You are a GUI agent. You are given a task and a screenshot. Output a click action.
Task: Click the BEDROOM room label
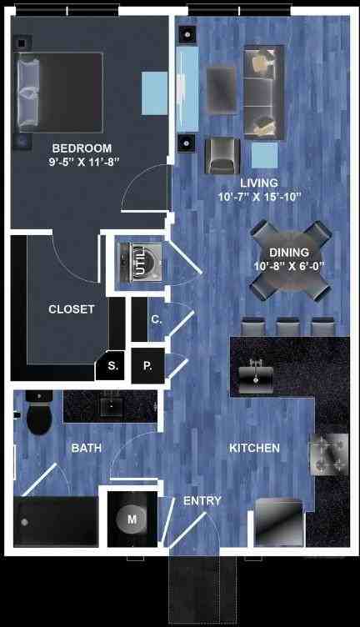[80, 148]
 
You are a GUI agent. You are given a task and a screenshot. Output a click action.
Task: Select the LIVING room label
[258, 183]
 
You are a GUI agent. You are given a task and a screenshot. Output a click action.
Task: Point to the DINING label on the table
[289, 253]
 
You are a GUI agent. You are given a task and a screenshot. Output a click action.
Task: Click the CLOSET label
[72, 309]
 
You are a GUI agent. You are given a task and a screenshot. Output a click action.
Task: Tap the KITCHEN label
[254, 449]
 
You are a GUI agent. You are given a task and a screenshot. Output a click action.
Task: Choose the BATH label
[87, 449]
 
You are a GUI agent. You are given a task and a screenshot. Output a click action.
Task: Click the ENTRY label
[202, 501]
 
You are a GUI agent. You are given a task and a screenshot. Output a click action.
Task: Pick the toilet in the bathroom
[38, 414]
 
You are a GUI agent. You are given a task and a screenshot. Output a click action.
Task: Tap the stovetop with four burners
[328, 454]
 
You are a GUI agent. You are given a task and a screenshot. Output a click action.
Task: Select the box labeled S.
[112, 365]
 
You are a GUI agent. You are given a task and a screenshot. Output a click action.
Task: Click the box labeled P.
[147, 365]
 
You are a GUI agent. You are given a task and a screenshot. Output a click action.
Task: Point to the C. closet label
[156, 319]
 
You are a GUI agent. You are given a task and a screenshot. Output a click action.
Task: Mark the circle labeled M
[131, 519]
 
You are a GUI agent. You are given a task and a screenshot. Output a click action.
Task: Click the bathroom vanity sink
[111, 406]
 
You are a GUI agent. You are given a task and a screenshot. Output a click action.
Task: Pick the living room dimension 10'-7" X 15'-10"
[258, 197]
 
